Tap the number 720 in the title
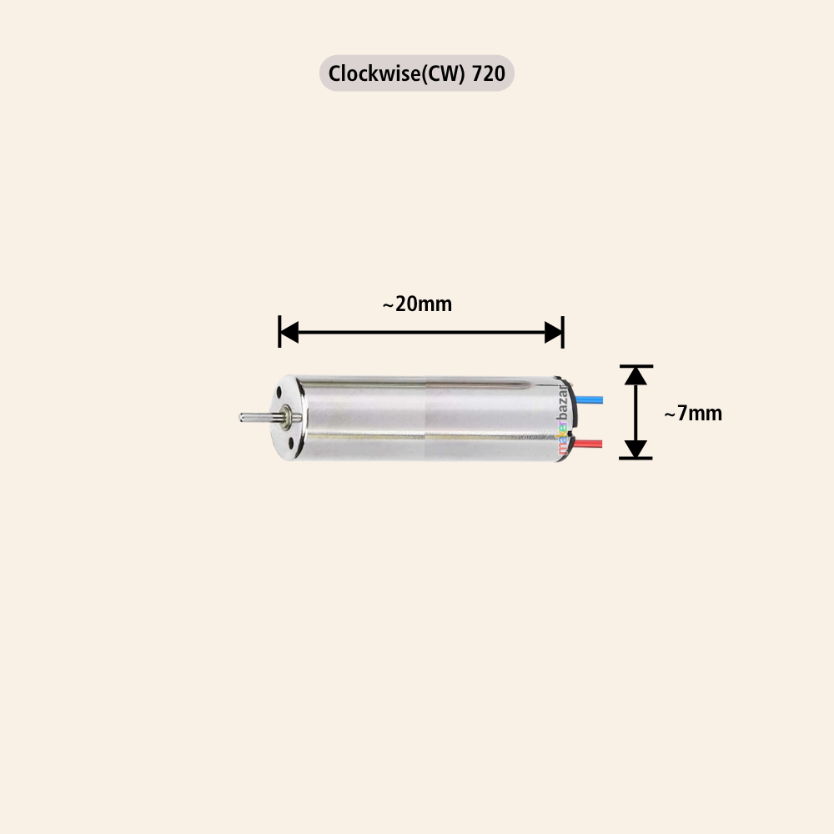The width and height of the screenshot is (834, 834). [488, 74]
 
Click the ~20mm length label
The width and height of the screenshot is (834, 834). [417, 304]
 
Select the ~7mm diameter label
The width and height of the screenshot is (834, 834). [692, 413]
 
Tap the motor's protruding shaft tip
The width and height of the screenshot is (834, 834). [244, 416]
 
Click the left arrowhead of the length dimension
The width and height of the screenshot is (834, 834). [289, 333]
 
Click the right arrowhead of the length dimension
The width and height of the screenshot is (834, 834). [554, 333]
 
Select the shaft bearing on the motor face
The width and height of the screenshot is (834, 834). [287, 415]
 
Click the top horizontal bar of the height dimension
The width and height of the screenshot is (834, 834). [636, 366]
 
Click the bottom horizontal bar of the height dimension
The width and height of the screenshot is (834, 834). [636, 458]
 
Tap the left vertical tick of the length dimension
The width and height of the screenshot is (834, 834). [279, 332]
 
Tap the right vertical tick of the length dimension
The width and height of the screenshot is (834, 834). [564, 332]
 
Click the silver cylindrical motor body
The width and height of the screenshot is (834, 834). [425, 417]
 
